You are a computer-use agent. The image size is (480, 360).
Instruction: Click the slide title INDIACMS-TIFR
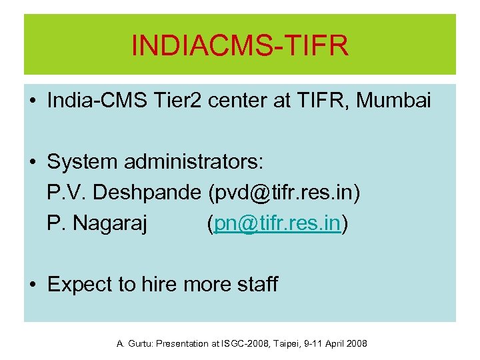(240, 47)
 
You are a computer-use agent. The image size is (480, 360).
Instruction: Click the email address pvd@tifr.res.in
(284, 193)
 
